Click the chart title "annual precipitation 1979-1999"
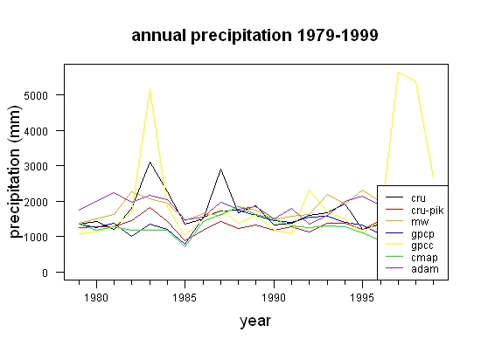click(254, 36)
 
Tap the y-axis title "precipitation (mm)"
click(15, 172)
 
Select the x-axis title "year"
click(255, 321)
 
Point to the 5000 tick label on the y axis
click(36, 95)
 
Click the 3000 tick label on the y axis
click(36, 166)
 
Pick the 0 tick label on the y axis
click(45, 273)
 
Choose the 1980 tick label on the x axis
click(96, 297)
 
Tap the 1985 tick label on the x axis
click(185, 297)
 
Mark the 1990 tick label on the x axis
click(274, 297)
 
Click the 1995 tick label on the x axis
click(362, 297)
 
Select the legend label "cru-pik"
click(428, 211)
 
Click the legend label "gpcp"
click(422, 234)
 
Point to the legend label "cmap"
click(424, 258)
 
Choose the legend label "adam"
click(425, 269)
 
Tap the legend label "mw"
click(420, 222)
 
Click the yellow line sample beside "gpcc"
click(394, 245)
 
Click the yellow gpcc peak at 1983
click(150, 89)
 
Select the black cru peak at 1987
click(220, 169)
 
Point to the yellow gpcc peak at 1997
click(398, 73)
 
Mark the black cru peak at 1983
click(150, 162)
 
